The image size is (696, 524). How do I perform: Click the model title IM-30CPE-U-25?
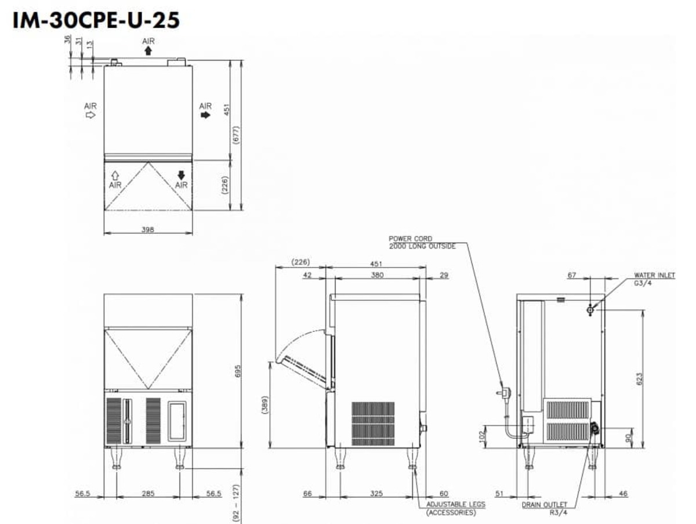tap(96, 20)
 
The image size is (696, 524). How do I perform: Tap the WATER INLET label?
tap(654, 275)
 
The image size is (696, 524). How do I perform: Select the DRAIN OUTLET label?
tap(545, 504)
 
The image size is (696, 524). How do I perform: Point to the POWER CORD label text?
tap(410, 238)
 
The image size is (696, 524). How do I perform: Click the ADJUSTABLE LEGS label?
tap(456, 504)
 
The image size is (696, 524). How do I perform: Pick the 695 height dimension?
tap(238, 371)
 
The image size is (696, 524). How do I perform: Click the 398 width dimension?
tap(148, 229)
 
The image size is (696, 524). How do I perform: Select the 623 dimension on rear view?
tap(639, 379)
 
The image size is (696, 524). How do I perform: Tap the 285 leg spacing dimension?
tap(148, 493)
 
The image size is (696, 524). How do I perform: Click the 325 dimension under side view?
tap(376, 493)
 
